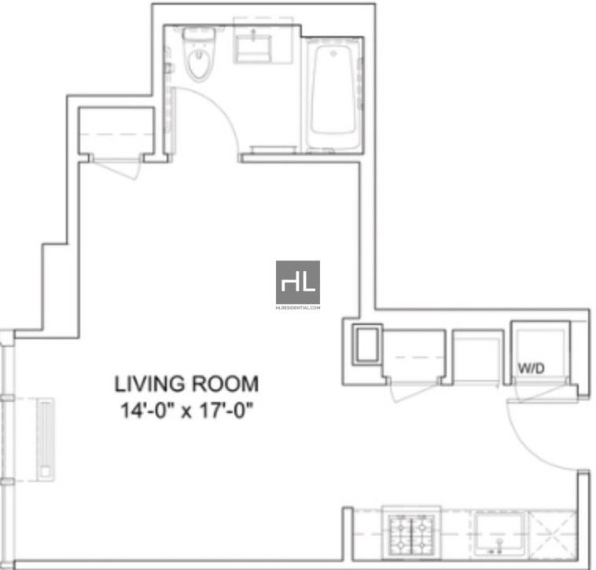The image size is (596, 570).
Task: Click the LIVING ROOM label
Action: point(186,384)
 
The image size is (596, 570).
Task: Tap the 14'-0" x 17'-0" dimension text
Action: point(186,411)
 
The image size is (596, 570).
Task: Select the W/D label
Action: point(532,367)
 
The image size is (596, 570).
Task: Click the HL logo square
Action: point(298,283)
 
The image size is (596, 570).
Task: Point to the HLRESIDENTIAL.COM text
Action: point(298,308)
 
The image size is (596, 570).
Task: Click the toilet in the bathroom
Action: point(198,55)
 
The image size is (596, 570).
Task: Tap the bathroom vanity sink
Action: point(253,46)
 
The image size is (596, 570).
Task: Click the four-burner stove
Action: point(412,533)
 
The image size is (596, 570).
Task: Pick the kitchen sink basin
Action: point(499,533)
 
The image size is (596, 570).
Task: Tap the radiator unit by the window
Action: point(46,440)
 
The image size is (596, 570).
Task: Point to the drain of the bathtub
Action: point(333,54)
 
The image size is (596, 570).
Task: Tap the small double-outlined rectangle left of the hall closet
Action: point(367,345)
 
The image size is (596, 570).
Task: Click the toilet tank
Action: point(198,34)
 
